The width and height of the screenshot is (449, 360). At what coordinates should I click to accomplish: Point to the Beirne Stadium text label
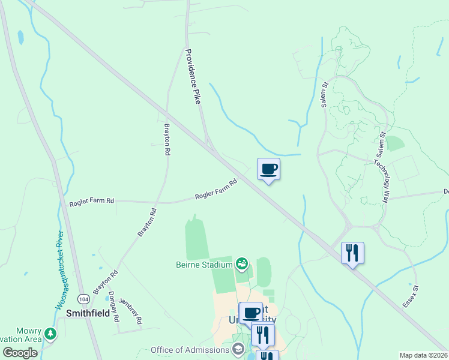(x=204, y=264)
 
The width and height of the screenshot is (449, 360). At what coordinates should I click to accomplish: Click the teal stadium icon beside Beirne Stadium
(x=242, y=263)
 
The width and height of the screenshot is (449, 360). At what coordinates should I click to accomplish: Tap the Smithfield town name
(x=90, y=313)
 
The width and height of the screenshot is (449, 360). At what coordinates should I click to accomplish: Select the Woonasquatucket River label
(x=59, y=270)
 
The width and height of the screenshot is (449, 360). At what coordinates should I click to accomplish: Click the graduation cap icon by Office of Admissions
(x=238, y=349)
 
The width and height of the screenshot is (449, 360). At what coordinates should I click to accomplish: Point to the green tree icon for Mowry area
(x=52, y=333)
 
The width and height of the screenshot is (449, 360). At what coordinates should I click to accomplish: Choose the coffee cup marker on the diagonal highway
(x=268, y=169)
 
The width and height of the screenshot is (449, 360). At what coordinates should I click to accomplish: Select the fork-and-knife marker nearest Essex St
(x=352, y=252)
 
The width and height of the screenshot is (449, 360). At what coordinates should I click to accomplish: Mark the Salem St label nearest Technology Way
(x=381, y=145)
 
